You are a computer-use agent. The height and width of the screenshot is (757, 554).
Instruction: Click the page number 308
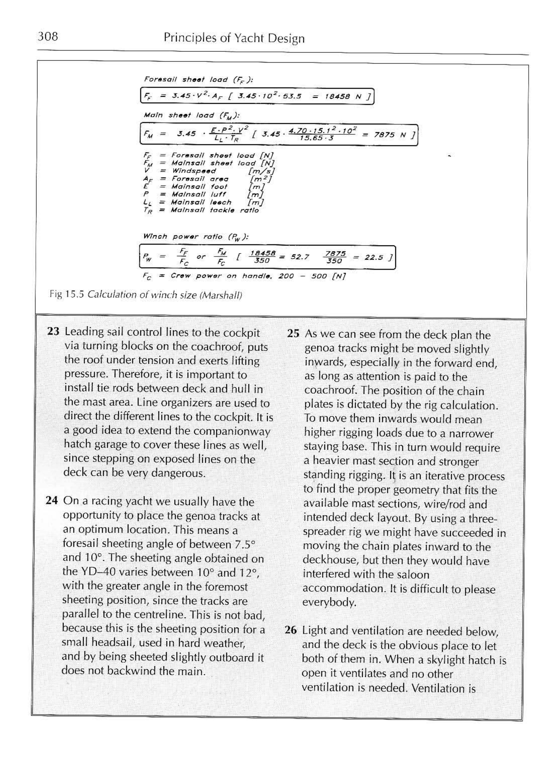coord(48,36)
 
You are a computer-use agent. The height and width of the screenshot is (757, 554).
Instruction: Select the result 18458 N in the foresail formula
coord(345,97)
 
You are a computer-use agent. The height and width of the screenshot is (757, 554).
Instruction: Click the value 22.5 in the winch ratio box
coord(374,258)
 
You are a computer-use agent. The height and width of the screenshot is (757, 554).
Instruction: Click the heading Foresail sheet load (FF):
coord(198,80)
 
